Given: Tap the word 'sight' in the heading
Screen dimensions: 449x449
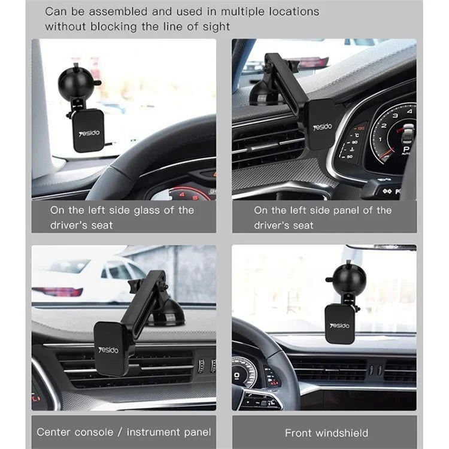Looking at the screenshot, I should (x=214, y=26).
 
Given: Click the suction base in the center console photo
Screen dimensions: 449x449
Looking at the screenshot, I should (x=169, y=314).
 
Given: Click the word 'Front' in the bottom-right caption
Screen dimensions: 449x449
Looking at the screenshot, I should (x=298, y=433).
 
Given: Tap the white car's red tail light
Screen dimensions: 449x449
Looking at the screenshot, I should (x=57, y=292).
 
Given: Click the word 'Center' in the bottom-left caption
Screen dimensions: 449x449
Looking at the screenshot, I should (x=54, y=432).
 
